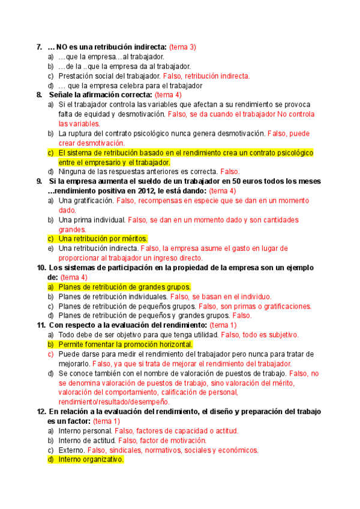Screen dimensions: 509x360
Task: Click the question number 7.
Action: (39, 47)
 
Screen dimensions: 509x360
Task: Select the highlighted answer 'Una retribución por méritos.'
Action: (103, 238)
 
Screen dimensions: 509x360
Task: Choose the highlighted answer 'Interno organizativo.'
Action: (91, 459)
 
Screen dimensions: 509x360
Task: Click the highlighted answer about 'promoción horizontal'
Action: (125, 345)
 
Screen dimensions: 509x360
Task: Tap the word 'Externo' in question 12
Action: (71, 450)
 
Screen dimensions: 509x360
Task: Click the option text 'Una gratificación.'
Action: (86, 200)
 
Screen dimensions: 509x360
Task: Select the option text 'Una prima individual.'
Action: (92, 220)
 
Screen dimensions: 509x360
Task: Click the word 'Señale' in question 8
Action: (61, 95)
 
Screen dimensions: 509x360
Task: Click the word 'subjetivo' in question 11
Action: (280, 335)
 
